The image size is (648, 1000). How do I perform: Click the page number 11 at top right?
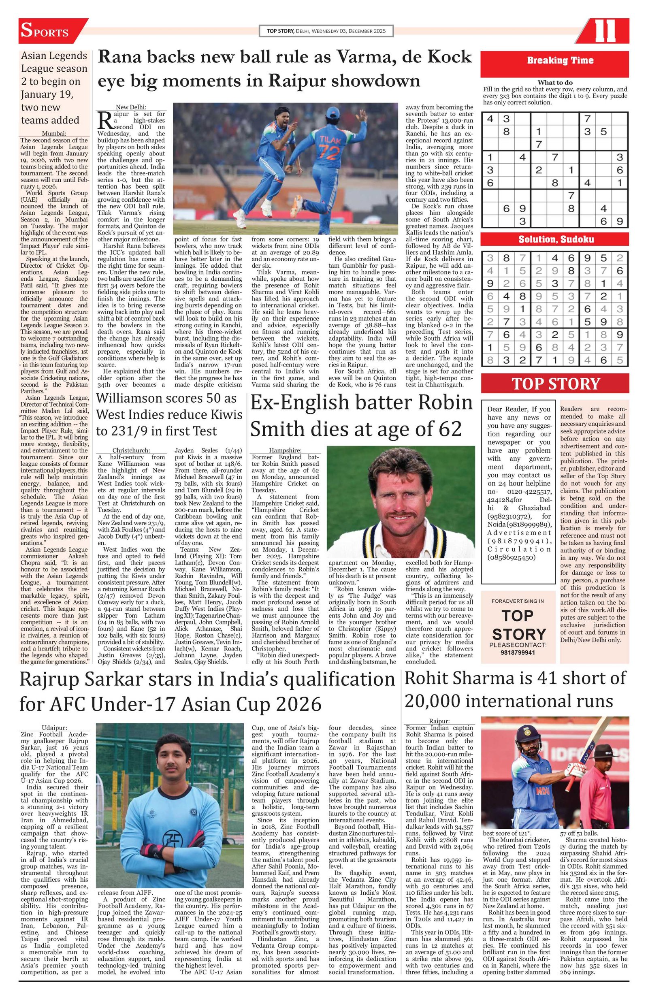(605, 31)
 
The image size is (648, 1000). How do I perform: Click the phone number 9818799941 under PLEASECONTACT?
(518, 652)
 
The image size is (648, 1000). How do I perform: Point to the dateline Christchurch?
(131, 450)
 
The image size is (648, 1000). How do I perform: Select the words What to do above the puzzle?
(555, 82)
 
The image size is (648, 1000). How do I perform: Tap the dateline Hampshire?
(285, 450)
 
